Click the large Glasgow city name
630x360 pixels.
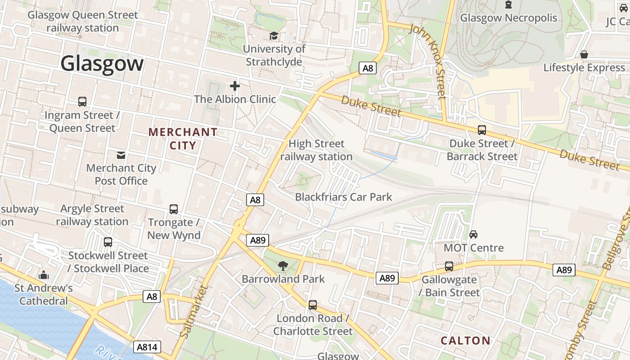point(102,63)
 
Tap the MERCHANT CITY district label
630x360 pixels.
point(183,139)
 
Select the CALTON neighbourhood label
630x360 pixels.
point(465,341)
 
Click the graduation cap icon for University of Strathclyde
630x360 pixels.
point(273,36)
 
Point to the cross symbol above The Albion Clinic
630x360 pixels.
point(234,85)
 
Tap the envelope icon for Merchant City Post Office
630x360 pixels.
point(121,155)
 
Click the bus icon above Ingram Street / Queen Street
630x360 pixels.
point(82,102)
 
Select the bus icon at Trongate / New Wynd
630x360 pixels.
point(174,209)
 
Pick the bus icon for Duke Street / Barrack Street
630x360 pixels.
point(482,130)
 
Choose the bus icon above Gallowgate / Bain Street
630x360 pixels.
point(449,266)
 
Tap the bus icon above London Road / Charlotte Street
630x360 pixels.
point(313,305)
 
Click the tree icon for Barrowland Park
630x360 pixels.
point(283,265)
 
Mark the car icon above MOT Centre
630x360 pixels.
point(473,234)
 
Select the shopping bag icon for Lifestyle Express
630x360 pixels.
point(584,54)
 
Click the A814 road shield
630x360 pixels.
point(147,347)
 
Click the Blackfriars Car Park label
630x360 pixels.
point(343,197)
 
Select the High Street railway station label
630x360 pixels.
point(316,150)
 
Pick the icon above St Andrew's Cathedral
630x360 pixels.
point(44,274)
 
